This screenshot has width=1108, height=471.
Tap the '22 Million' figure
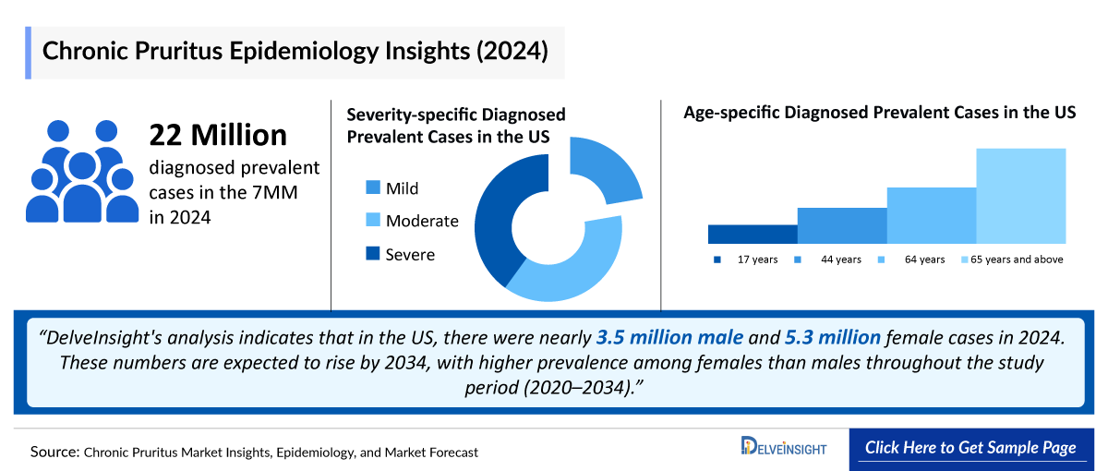(218, 136)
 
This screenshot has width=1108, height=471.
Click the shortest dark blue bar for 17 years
(753, 234)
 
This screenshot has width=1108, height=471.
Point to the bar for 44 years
(842, 225)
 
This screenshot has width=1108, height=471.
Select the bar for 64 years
(931, 215)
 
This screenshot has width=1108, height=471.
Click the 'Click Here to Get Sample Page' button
(970, 448)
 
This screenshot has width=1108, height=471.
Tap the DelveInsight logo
(784, 448)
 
